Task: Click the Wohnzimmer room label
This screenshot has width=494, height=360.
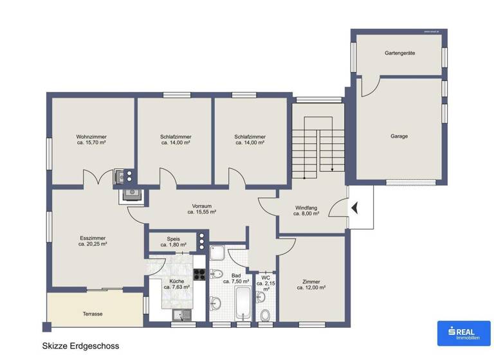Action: click(91, 137)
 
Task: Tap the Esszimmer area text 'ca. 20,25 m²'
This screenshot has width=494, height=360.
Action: click(93, 244)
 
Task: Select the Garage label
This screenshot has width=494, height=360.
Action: click(399, 136)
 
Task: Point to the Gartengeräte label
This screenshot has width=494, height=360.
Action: click(399, 53)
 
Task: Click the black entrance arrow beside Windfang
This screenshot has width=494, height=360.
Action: click(353, 207)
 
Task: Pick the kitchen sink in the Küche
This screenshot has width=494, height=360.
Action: click(179, 314)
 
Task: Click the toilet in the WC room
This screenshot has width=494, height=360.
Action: click(265, 314)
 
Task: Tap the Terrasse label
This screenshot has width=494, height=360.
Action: click(93, 314)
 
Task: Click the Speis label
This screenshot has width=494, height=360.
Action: click(173, 239)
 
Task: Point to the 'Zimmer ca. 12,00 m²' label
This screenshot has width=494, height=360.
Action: click(311, 284)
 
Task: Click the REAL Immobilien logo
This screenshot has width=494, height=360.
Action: click(463, 332)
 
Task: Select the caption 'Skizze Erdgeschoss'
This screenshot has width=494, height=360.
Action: click(80, 346)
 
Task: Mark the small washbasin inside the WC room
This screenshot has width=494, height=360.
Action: click(261, 296)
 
